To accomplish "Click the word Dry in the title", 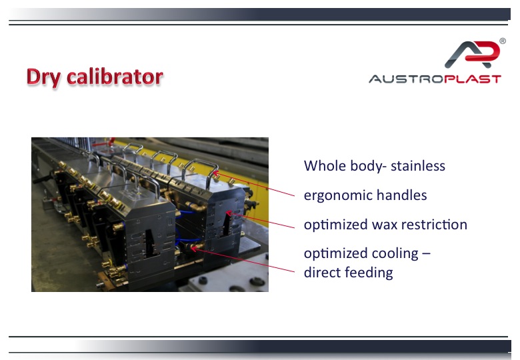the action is [x=43, y=77].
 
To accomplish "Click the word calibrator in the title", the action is [x=115, y=77].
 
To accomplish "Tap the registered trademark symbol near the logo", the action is [x=503, y=41].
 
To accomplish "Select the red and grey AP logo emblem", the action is [x=472, y=55].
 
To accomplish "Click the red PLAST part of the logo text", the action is [x=472, y=79].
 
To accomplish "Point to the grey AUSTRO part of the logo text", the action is [x=406, y=79].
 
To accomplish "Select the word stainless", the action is [x=418, y=166].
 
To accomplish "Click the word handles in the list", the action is [x=401, y=195].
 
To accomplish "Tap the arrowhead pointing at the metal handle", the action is [x=215, y=173].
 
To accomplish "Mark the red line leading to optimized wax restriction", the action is [x=260, y=220].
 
